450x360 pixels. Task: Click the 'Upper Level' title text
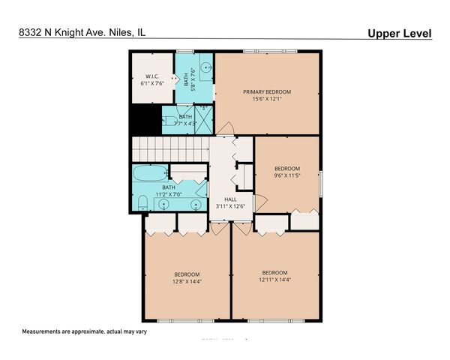[400, 34]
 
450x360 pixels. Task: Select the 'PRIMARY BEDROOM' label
[266, 91]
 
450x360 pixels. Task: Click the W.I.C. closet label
[152, 76]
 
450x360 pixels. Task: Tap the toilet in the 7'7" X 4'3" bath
[169, 119]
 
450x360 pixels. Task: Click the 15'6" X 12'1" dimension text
[266, 99]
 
